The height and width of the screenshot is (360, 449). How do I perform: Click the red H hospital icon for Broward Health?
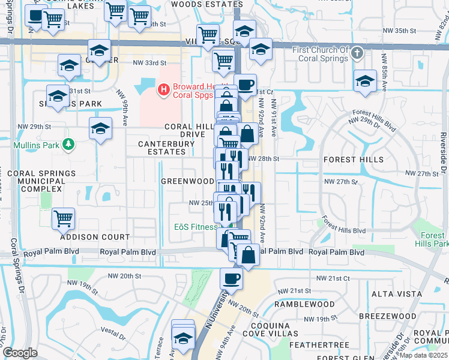(163, 90)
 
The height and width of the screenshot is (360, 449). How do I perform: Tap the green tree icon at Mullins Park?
(70, 145)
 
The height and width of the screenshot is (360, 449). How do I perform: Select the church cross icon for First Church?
(358, 53)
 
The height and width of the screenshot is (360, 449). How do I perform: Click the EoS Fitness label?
(196, 227)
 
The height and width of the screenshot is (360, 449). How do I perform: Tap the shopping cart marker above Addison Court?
(63, 219)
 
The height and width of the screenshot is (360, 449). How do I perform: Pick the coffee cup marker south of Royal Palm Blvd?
(231, 278)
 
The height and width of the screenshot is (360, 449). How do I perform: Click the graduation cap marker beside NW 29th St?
(100, 128)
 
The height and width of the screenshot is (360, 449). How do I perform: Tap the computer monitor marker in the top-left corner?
(36, 16)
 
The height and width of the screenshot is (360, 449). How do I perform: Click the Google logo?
(20, 353)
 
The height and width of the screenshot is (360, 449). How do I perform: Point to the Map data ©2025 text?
(424, 355)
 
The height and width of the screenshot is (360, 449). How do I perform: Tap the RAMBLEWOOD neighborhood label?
(304, 304)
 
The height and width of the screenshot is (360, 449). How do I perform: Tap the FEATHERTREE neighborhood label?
(319, 345)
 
